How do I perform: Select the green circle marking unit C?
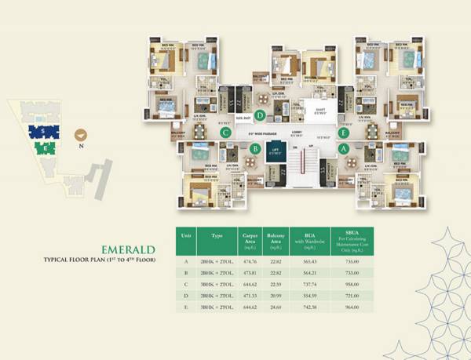tap(225, 133)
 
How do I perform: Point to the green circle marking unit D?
tap(237, 115)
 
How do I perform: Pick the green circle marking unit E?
tap(343, 133)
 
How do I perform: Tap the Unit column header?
tap(186, 234)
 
